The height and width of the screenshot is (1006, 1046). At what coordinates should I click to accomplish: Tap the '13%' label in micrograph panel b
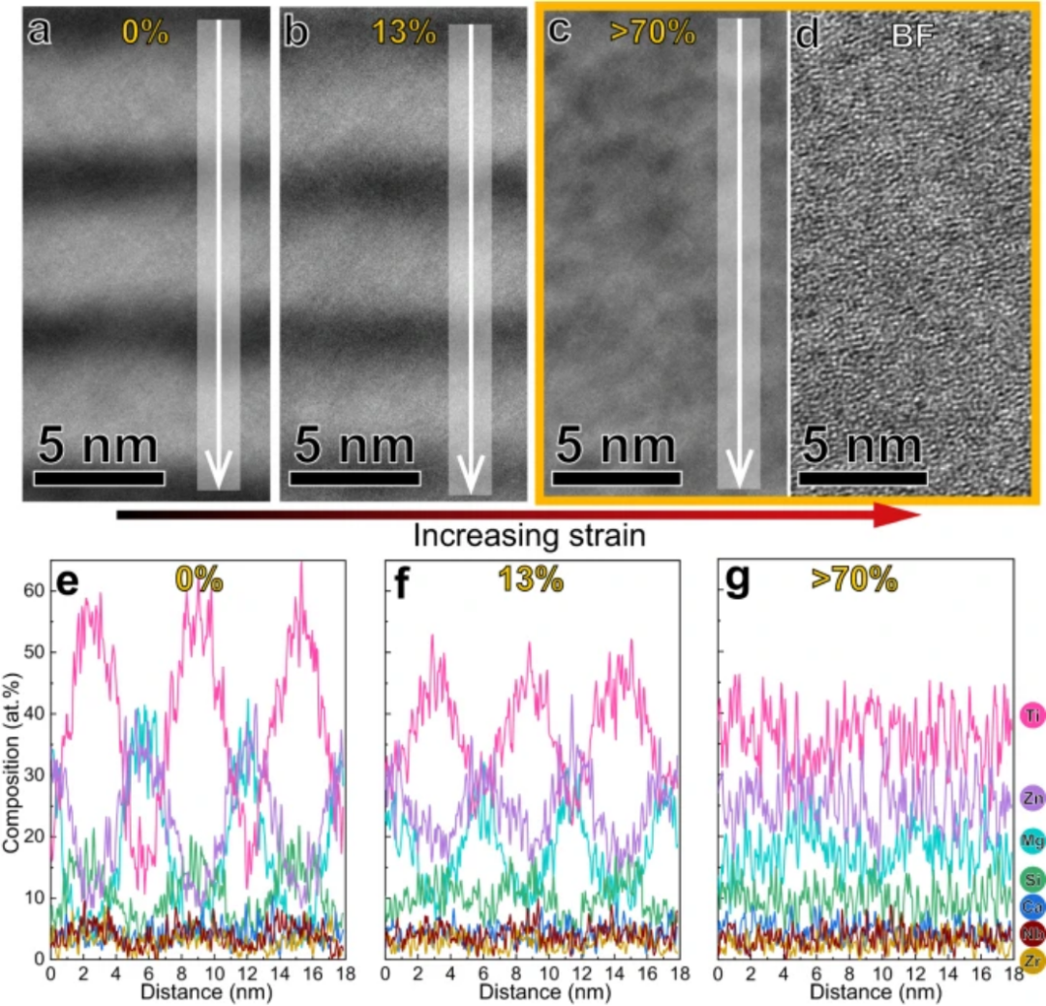click(x=403, y=32)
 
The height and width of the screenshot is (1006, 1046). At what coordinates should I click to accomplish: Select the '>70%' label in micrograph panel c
click(x=654, y=32)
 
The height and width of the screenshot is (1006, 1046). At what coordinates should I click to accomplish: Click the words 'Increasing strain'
click(x=529, y=535)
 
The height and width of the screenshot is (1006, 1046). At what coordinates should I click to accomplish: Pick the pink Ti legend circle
click(x=1031, y=716)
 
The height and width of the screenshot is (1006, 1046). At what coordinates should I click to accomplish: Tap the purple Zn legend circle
click(x=1031, y=798)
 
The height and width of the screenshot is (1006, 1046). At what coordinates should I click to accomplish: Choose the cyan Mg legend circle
click(x=1031, y=839)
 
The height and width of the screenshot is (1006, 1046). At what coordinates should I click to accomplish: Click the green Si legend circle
click(x=1031, y=879)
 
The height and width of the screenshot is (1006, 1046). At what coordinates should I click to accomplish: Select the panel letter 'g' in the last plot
click(x=738, y=581)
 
